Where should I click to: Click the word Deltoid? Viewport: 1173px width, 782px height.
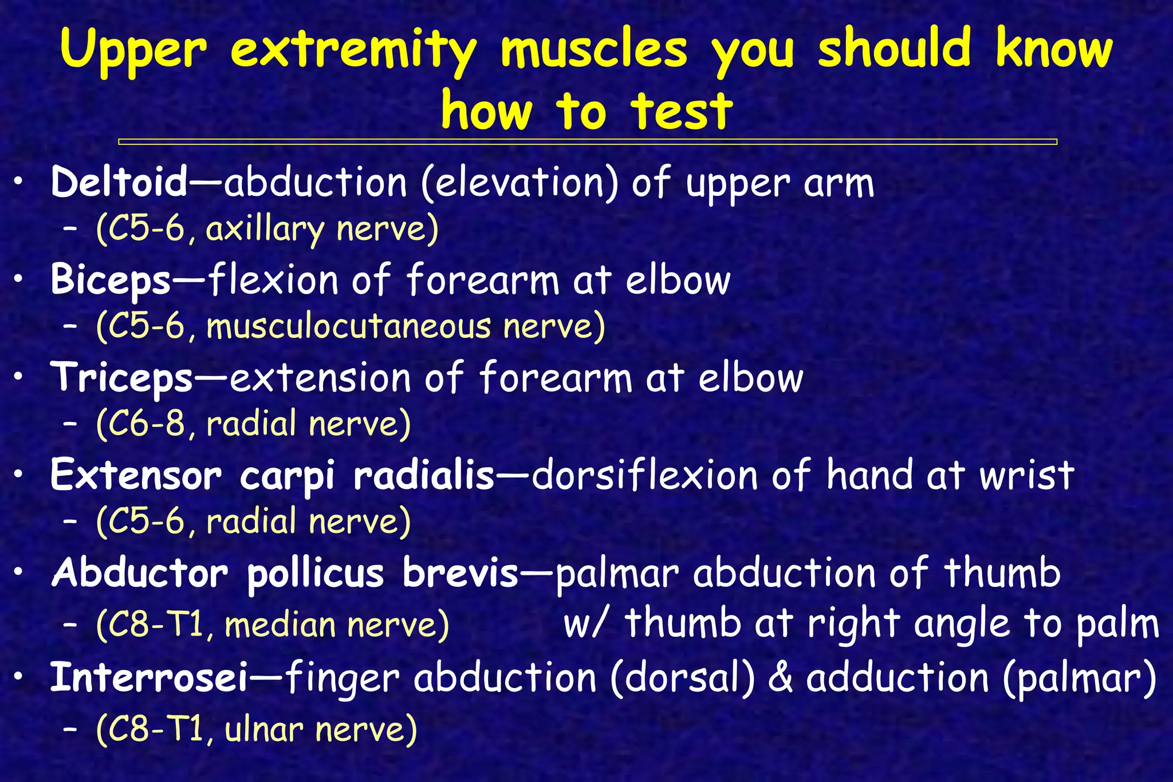[119, 183]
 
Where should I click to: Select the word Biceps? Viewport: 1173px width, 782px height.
[111, 281]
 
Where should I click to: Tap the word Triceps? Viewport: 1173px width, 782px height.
[122, 378]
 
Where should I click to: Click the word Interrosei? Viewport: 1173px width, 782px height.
[149, 677]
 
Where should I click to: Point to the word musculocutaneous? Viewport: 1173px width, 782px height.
[348, 327]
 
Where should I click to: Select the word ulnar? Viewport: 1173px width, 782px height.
[263, 729]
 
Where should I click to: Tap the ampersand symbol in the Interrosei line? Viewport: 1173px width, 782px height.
[780, 677]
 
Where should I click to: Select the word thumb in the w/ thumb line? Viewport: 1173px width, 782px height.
[683, 623]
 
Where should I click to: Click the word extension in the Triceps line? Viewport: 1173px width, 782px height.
[320, 378]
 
